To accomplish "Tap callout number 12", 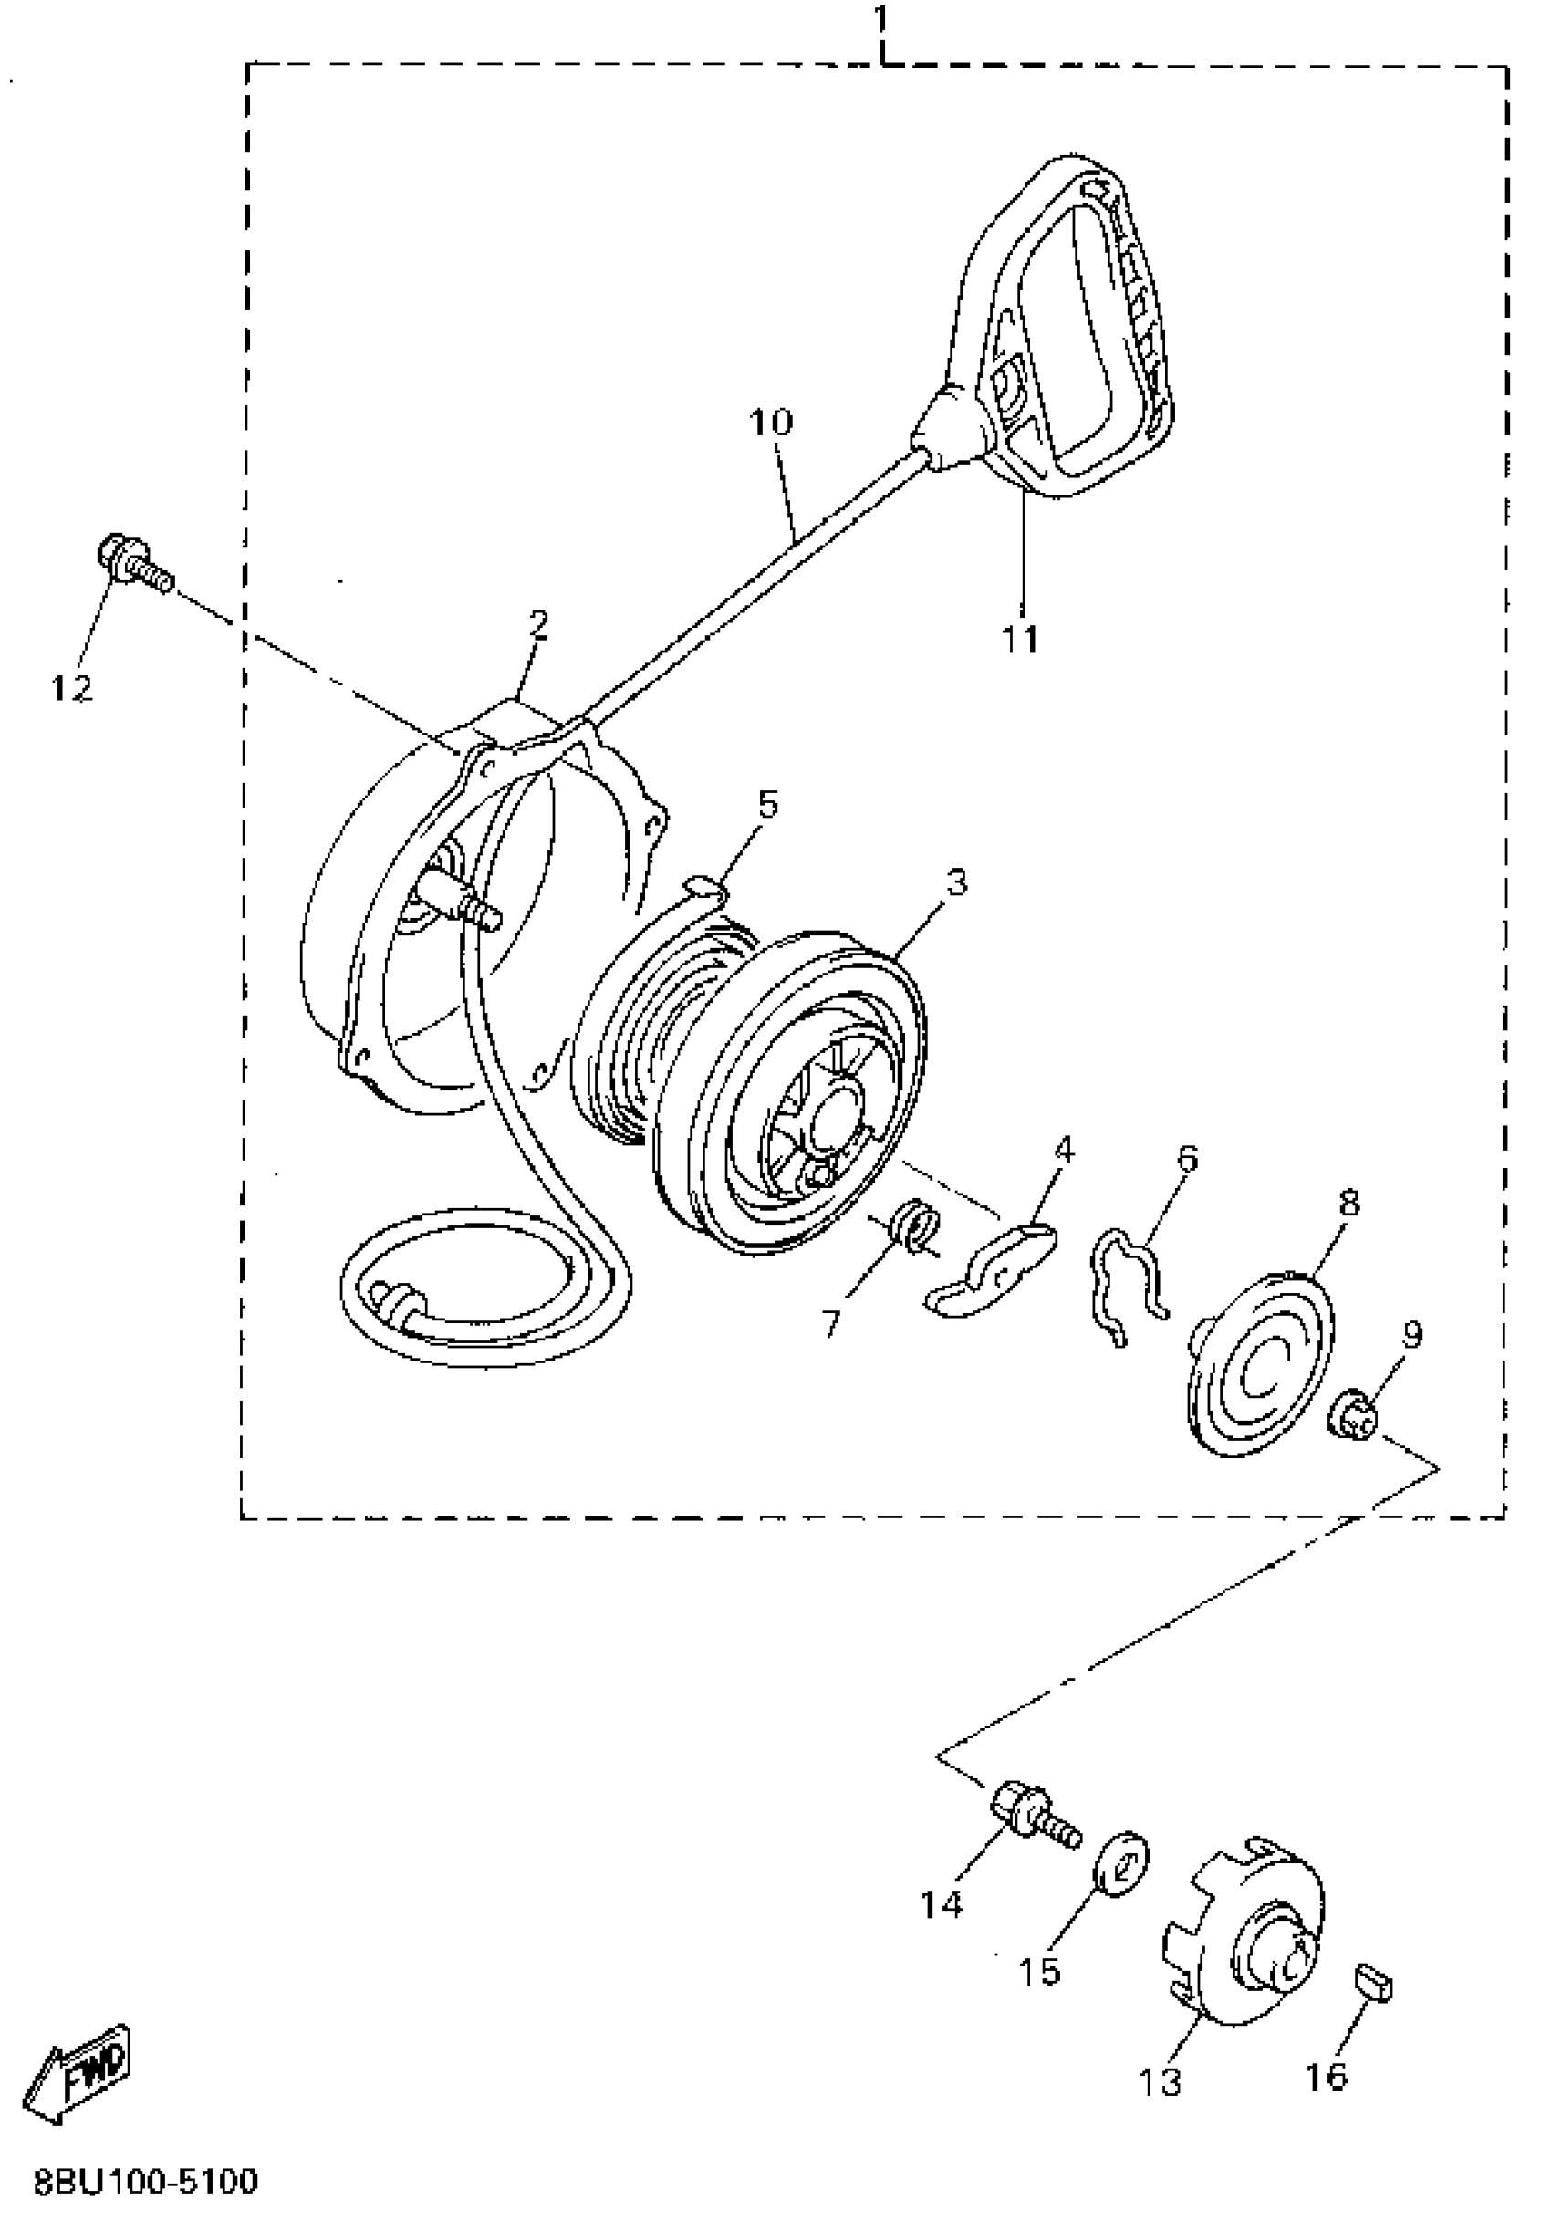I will (71, 688).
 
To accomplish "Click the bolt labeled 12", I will (133, 561).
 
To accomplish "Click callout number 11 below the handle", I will (1020, 639).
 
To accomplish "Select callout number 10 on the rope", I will (771, 422).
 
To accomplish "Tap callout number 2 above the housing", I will (538, 625).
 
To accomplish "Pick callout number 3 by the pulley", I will (955, 882).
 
